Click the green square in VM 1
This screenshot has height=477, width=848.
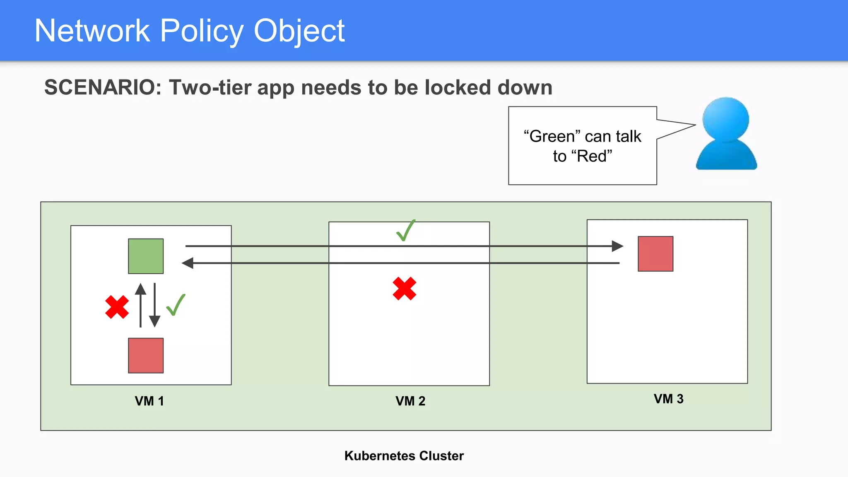pos(146,256)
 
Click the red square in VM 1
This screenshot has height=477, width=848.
pos(146,355)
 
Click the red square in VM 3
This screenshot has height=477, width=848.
pos(655,254)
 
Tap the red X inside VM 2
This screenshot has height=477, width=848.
pos(405,289)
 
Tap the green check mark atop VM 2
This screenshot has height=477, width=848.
pos(406,231)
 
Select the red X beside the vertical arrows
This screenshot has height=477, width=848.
pos(117,307)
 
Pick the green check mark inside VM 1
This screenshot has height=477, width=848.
pos(176,305)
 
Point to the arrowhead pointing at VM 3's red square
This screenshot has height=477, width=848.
pos(617,246)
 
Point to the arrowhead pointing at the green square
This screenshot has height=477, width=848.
pos(188,263)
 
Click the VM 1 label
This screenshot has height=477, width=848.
pos(149,401)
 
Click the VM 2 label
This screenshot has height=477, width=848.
pos(410,401)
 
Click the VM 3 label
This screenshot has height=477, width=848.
pos(668,399)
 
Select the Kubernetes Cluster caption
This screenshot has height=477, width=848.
pos(404,455)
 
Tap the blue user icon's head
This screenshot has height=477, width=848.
pos(726,120)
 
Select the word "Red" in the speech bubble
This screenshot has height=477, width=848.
pos(592,156)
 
